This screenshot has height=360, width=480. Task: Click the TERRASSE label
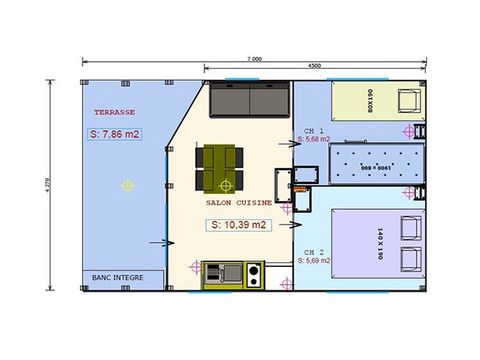[114, 113]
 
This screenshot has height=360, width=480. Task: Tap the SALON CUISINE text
[238, 201]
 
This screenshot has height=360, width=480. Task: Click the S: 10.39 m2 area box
[239, 225]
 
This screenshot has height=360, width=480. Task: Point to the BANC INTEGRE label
[114, 278]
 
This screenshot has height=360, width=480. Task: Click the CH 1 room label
[313, 131]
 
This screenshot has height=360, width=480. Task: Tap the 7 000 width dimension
[251, 59]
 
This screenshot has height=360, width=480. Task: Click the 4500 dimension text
[314, 67]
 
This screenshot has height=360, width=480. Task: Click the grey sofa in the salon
[250, 101]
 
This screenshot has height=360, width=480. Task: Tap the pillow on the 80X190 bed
[410, 101]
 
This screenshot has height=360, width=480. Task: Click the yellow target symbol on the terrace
[126, 184]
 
